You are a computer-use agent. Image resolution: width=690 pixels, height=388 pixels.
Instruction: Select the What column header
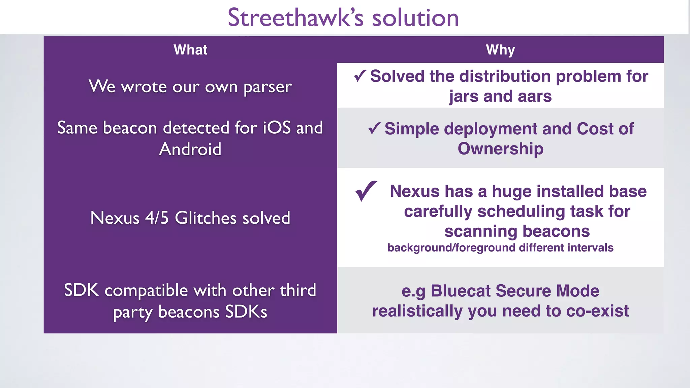point(190,50)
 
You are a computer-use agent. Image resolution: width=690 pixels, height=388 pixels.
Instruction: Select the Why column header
point(500,50)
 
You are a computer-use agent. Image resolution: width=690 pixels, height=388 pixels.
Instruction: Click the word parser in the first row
point(268,87)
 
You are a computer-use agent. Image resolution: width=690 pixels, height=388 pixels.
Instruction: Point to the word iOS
point(277,128)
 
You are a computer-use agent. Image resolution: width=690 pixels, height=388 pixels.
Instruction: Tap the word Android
point(190,149)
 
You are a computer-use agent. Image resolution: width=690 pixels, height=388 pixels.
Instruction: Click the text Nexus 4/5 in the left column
point(129,218)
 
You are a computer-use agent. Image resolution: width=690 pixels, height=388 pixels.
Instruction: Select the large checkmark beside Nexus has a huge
point(366,191)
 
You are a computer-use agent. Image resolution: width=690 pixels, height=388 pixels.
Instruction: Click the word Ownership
point(500,149)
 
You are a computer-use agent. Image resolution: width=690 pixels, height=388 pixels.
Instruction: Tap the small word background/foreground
point(451,248)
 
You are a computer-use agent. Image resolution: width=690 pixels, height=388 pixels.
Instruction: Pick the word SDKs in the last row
point(246,312)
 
